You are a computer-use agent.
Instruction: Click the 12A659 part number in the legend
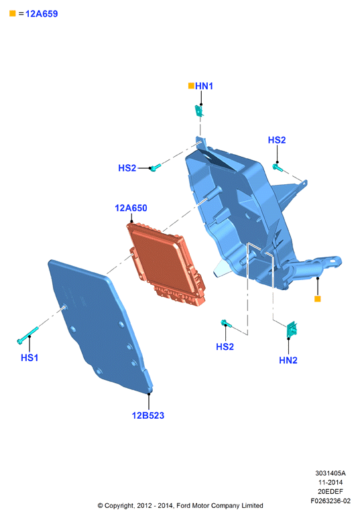tap(42, 13)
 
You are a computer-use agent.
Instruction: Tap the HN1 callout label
tap(204, 86)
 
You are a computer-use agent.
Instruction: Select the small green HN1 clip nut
tap(198, 111)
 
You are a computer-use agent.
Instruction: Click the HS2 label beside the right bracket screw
tap(277, 140)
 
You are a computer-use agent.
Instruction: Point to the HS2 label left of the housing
tap(127, 168)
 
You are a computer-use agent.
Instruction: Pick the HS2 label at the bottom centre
tap(225, 346)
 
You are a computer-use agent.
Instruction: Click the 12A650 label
tap(131, 208)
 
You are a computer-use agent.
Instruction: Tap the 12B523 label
tap(148, 415)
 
